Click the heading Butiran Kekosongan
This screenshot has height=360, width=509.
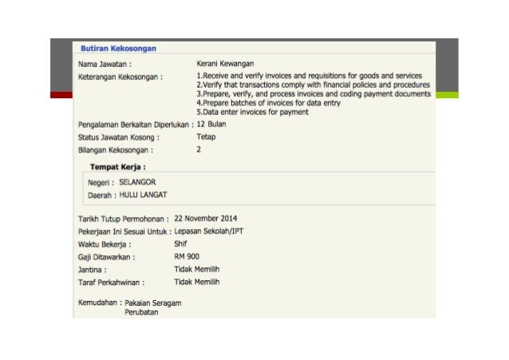118,48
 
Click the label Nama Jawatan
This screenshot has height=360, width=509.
105,63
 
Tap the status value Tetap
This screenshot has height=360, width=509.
206,136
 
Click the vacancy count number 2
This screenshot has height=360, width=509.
199,149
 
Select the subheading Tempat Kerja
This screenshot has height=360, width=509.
123,167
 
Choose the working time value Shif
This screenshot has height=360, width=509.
180,243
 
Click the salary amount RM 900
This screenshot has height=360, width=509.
187,256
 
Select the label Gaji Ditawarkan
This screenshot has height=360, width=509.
106,257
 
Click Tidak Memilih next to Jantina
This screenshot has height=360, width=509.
196,269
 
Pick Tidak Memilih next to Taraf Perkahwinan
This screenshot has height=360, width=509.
196,282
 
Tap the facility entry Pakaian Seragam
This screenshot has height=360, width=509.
152,303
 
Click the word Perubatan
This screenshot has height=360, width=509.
142,313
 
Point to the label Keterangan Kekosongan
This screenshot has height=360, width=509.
120,77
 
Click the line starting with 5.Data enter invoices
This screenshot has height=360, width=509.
252,113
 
